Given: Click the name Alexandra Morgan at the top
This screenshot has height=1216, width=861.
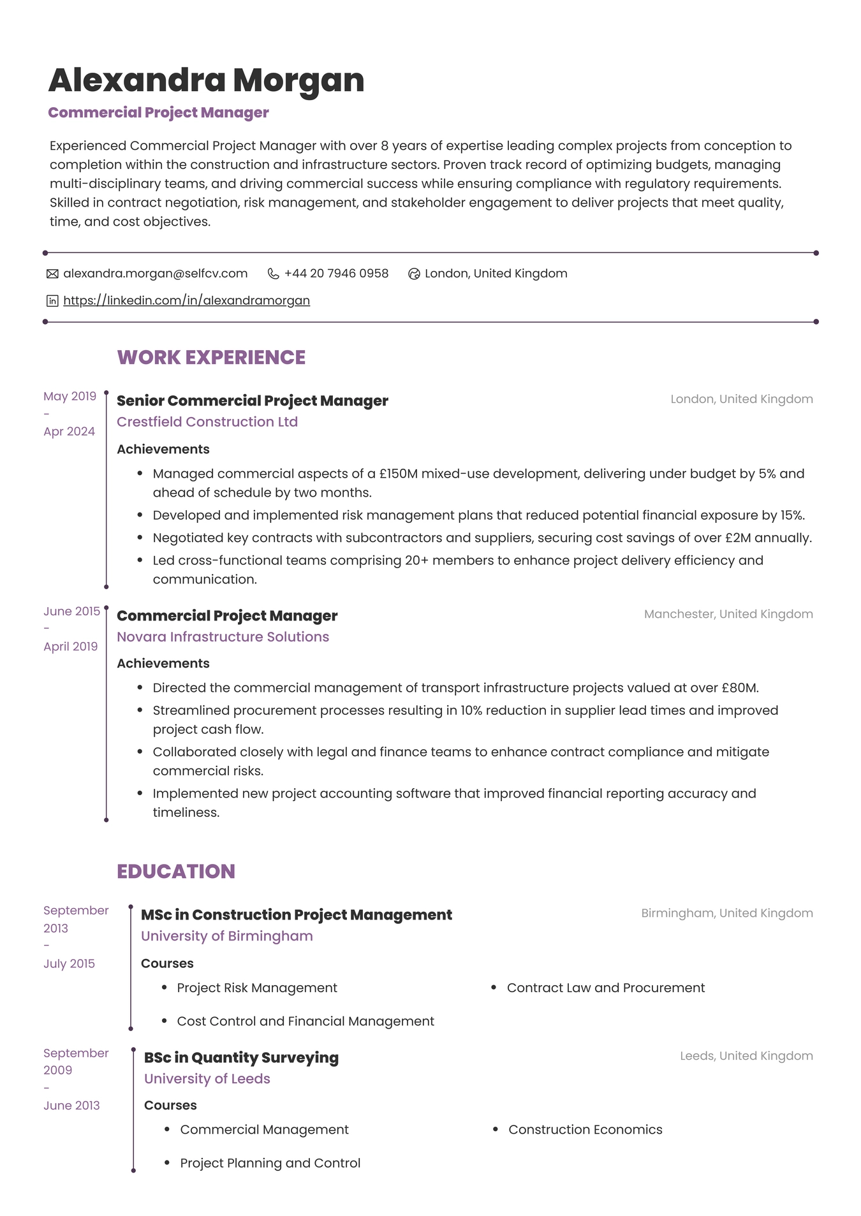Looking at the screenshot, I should pyautogui.click(x=206, y=80).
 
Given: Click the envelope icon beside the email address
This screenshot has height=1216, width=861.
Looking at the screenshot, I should pyautogui.click(x=52, y=274).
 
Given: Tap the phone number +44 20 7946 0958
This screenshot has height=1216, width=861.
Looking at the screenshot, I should pyautogui.click(x=336, y=274).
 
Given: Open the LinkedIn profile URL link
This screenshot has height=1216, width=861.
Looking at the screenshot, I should pyautogui.click(x=186, y=300).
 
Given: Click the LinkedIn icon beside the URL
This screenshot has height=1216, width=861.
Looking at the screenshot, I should pyautogui.click(x=52, y=301).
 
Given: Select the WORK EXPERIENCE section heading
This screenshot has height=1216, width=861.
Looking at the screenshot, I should pyautogui.click(x=211, y=357).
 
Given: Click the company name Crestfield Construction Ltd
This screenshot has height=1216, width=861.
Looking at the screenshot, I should pyautogui.click(x=207, y=422).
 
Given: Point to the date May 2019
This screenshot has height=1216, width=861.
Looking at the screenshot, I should pyautogui.click(x=70, y=396).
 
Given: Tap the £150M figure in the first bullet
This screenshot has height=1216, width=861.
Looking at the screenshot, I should pyautogui.click(x=398, y=474).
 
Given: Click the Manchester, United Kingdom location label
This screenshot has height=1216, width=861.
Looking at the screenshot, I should pyautogui.click(x=728, y=614).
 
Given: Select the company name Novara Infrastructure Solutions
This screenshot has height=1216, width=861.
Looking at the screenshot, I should pyautogui.click(x=223, y=637).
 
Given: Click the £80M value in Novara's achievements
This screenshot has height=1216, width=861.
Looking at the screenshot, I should pyautogui.click(x=739, y=688).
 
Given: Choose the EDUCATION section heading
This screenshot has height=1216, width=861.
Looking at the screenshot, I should pyautogui.click(x=176, y=871).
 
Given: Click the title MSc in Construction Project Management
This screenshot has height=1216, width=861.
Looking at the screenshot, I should pyautogui.click(x=296, y=915).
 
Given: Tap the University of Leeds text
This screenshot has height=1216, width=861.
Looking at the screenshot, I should pyautogui.click(x=207, y=1079).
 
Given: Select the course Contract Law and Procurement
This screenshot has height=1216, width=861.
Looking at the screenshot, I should pyautogui.click(x=605, y=988).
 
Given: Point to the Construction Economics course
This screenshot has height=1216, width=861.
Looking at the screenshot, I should pyautogui.click(x=585, y=1130).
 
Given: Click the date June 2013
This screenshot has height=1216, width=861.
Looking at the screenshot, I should pyautogui.click(x=71, y=1106).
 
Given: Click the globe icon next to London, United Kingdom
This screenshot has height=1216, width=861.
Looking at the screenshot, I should pyautogui.click(x=414, y=274).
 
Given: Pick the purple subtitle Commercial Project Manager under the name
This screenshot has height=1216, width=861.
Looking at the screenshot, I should pyautogui.click(x=158, y=113).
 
